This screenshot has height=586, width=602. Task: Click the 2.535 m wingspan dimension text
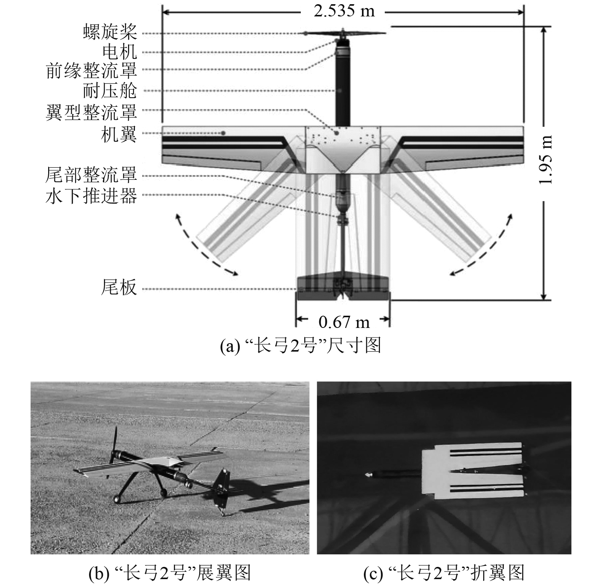(344, 11)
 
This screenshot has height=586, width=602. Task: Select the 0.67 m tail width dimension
(344, 323)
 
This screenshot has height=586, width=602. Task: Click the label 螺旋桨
(110, 32)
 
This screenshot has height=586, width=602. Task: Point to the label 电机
(119, 52)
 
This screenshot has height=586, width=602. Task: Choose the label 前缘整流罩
(91, 71)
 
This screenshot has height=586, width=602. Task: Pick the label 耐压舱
(110, 91)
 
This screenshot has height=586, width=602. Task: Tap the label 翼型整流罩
(91, 112)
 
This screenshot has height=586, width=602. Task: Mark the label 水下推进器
(91, 196)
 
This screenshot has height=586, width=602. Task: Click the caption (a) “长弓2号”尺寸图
(301, 346)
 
